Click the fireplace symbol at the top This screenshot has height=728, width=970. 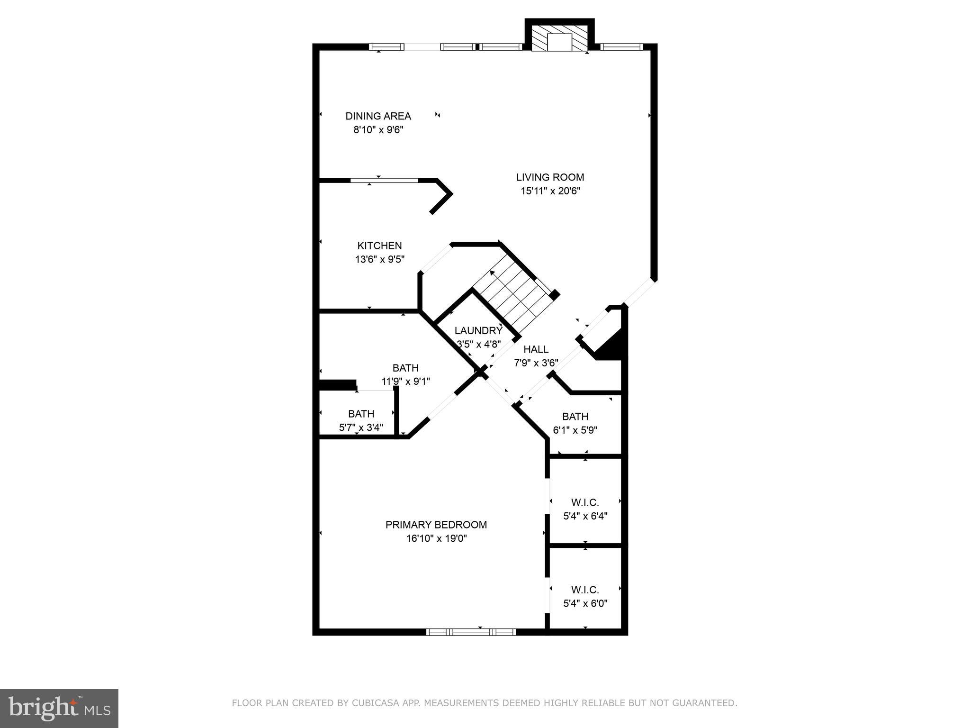click(x=559, y=38)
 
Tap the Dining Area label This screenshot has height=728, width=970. click(x=378, y=116)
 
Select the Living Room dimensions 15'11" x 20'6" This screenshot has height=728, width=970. click(x=550, y=191)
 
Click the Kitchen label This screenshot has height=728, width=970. click(x=379, y=246)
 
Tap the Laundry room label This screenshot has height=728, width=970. click(x=478, y=331)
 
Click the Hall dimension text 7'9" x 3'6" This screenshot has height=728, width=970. click(x=536, y=363)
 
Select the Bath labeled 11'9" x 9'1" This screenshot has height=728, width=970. click(x=405, y=368)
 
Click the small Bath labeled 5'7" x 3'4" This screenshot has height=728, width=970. click(x=361, y=414)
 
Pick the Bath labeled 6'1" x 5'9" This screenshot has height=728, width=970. click(x=575, y=417)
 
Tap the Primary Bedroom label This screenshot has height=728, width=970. click(x=436, y=525)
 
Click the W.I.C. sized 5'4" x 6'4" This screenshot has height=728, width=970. click(x=585, y=502)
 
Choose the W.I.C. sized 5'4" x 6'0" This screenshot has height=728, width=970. click(x=585, y=590)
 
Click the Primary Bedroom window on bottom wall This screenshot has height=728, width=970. click(x=471, y=632)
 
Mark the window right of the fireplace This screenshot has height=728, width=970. click(x=622, y=46)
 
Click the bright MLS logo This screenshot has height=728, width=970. click(x=59, y=708)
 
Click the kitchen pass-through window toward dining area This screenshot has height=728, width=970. click(x=384, y=180)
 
